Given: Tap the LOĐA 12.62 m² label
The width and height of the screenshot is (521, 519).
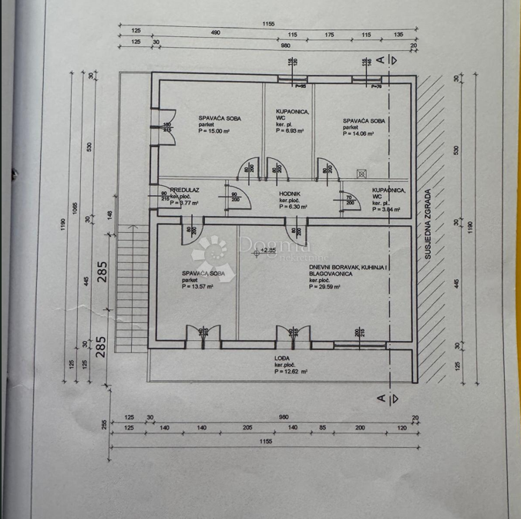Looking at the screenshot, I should click(291, 365).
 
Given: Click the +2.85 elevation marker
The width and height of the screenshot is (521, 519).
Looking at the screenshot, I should click(267, 250).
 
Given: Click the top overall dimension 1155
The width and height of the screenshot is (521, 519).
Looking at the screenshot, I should click(267, 25).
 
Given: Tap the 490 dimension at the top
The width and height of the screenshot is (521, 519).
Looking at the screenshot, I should click(215, 33).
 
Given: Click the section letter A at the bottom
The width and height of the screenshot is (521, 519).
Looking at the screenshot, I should click(380, 398).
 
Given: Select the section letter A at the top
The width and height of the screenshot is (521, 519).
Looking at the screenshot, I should click(380, 59).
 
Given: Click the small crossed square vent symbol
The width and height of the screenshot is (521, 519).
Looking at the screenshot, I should click(361, 174).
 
